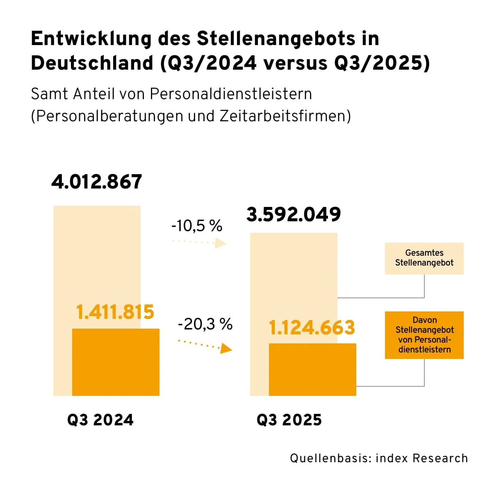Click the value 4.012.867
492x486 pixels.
97,182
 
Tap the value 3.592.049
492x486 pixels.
294,214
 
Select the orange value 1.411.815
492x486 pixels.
115,312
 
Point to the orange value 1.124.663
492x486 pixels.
312,327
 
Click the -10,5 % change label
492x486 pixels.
197,225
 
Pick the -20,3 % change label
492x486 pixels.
205,324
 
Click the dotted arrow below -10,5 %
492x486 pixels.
200,243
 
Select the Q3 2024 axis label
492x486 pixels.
100,420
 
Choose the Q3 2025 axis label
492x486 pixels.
289,420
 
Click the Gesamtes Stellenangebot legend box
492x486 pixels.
424,258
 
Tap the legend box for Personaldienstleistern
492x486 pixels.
424,335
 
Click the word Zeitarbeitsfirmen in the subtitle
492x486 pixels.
282,116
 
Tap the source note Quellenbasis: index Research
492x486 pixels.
379,458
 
